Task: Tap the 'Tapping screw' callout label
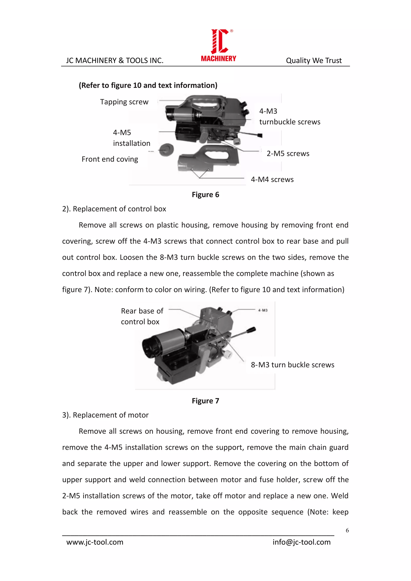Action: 124,102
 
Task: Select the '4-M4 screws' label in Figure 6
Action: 272,179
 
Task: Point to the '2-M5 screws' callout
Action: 288,154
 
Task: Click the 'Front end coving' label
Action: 110,159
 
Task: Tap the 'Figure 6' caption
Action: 205,195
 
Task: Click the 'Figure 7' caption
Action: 205,401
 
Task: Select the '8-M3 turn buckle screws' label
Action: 292,365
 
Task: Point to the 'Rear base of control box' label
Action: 142,316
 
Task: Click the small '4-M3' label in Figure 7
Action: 263,310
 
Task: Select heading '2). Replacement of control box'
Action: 114,209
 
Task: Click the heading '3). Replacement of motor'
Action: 105,415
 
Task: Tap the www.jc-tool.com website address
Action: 95,542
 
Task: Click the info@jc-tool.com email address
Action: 301,542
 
